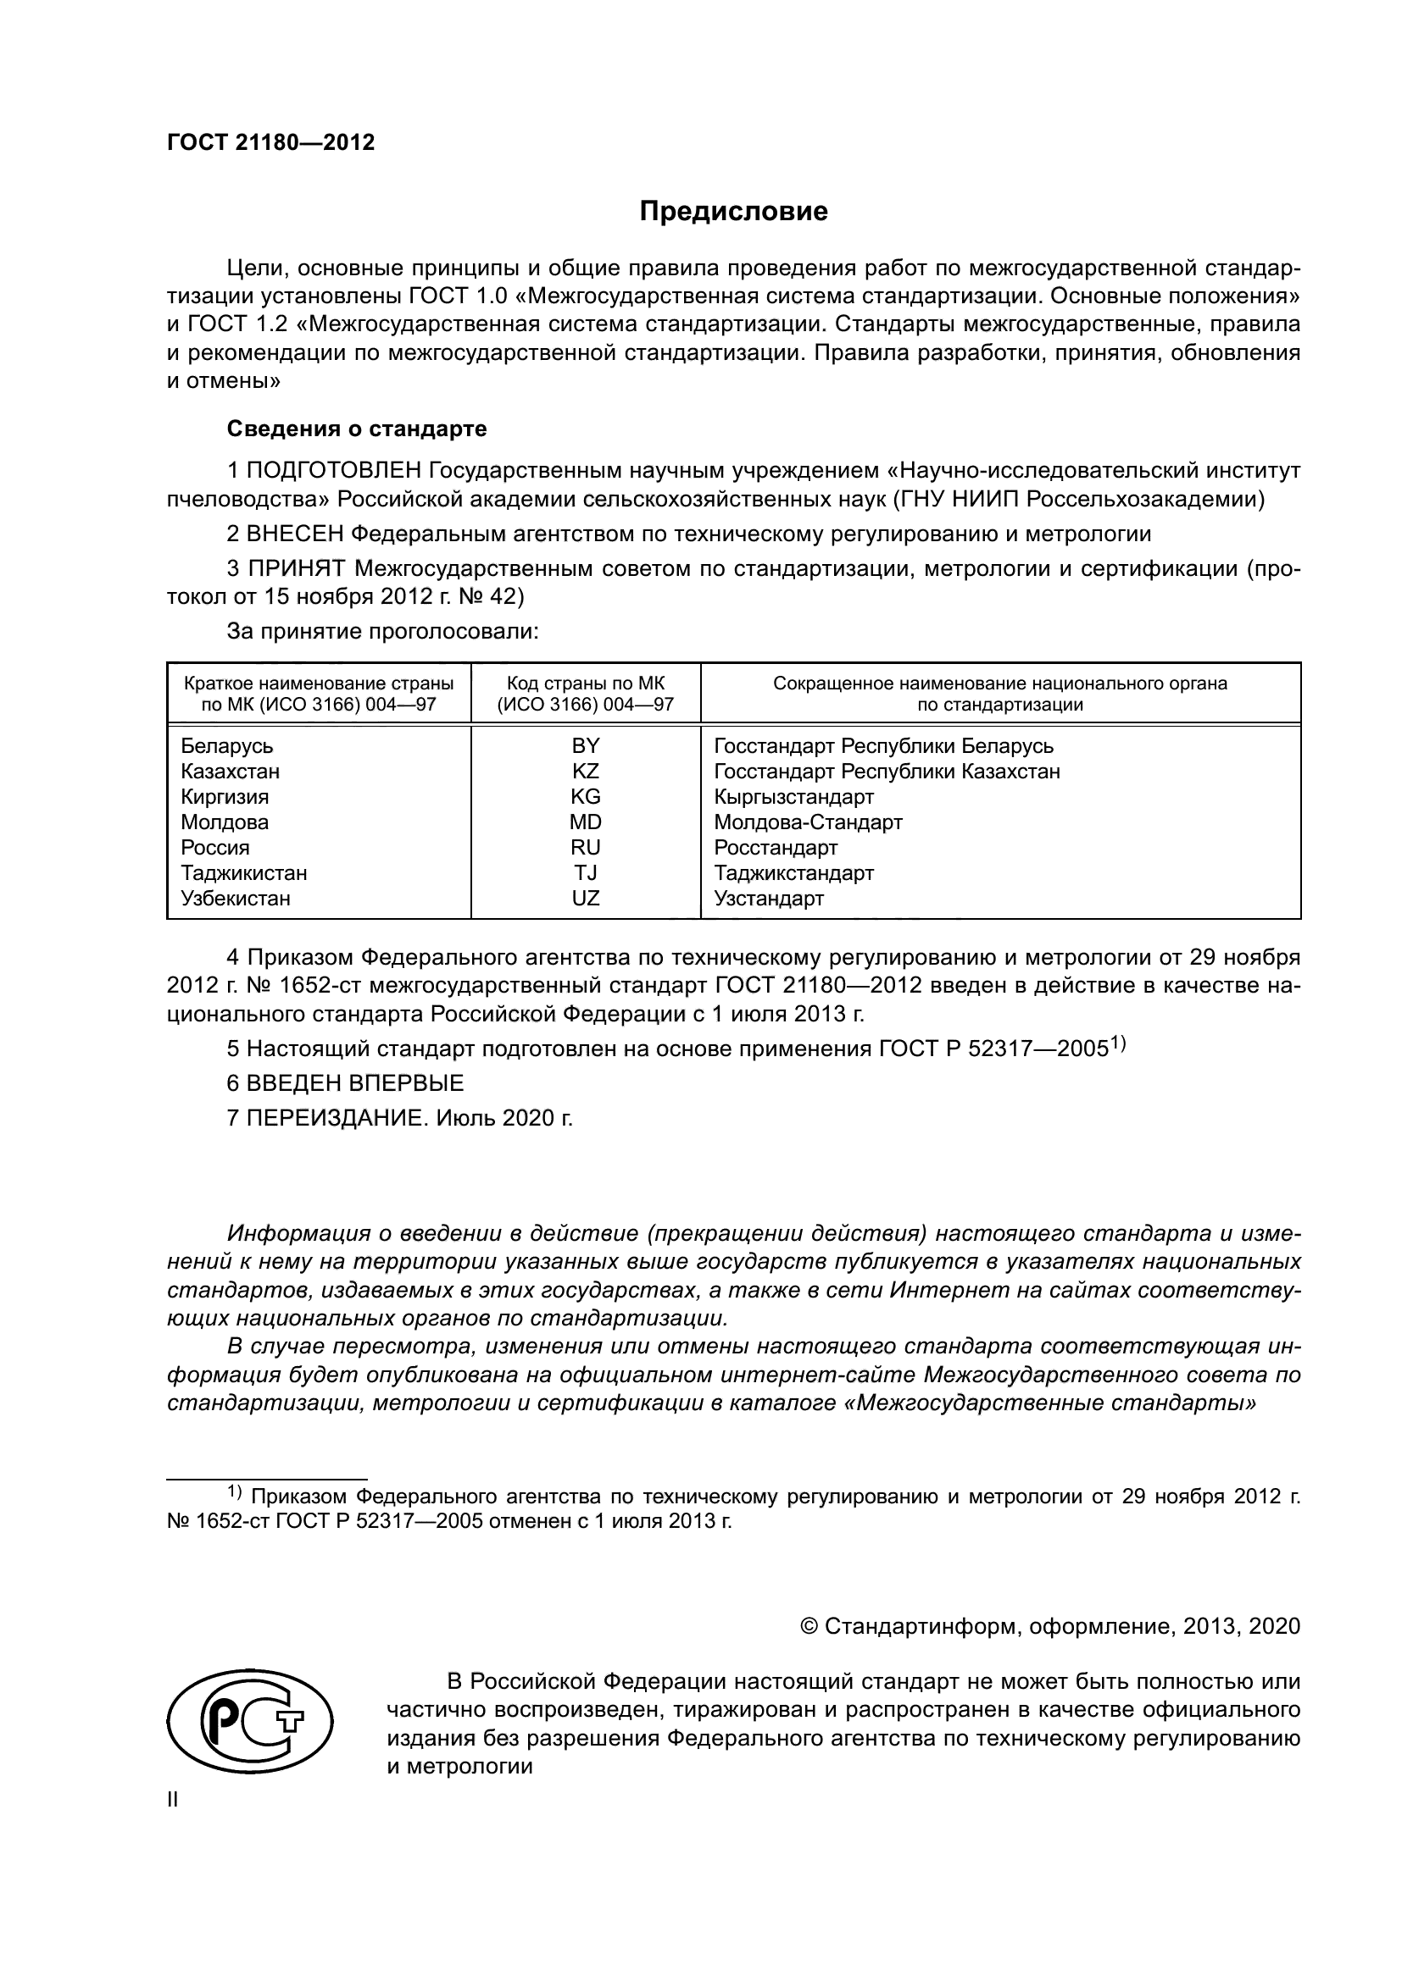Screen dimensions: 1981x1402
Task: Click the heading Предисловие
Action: [733, 212]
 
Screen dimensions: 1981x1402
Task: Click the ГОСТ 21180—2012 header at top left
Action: [270, 142]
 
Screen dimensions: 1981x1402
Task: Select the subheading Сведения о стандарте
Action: [357, 429]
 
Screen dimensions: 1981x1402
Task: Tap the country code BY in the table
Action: [586, 745]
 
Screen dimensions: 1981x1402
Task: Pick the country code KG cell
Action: [586, 796]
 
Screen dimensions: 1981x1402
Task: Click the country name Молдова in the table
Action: [225, 822]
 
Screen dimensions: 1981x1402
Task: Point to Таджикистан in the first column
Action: [243, 873]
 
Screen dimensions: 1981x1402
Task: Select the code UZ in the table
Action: [586, 898]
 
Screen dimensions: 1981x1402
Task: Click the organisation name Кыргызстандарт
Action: [794, 796]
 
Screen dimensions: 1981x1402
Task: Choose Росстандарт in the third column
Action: [776, 847]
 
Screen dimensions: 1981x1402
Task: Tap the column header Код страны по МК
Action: [586, 683]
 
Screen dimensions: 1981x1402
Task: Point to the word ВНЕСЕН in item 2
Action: [294, 534]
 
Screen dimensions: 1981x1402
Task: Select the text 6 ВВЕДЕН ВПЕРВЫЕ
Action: [345, 1083]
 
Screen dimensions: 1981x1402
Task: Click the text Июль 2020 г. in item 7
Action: [504, 1118]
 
